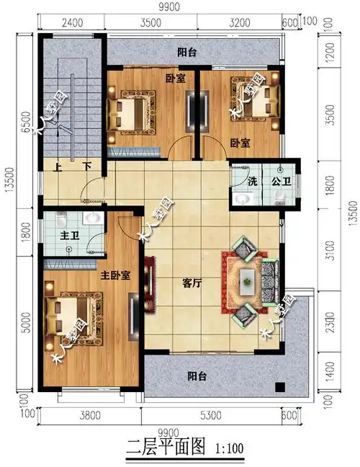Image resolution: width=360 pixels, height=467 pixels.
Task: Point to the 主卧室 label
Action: coord(114,275)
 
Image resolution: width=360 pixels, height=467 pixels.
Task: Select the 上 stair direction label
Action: coord(58,166)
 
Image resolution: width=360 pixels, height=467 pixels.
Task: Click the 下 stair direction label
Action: coord(86,166)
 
